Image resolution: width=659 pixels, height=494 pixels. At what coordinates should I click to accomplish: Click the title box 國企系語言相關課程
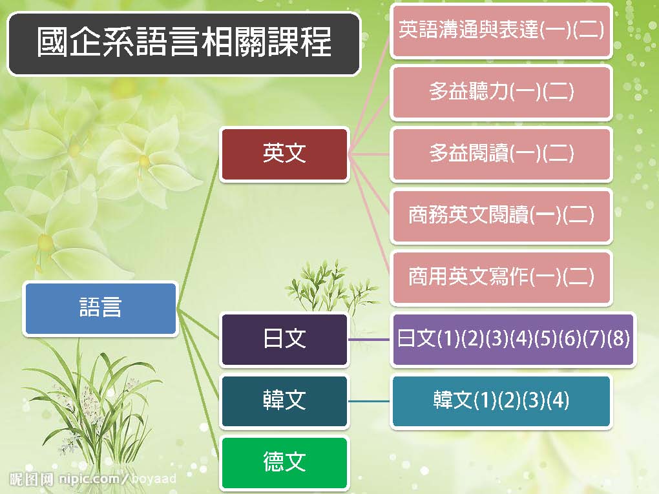click(x=184, y=44)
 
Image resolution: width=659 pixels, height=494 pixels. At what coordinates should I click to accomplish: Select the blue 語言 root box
click(x=100, y=309)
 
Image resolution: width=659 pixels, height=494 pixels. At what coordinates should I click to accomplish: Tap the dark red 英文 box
click(x=284, y=154)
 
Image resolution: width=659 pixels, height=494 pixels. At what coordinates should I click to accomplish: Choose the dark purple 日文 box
click(x=284, y=340)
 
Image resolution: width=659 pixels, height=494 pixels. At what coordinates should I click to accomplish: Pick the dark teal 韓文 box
click(x=284, y=401)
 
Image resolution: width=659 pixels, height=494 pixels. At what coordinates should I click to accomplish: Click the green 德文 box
click(x=284, y=462)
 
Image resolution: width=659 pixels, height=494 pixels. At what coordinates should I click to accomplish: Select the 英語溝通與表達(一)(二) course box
click(x=501, y=30)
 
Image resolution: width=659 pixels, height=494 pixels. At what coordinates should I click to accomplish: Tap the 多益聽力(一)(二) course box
click(x=501, y=92)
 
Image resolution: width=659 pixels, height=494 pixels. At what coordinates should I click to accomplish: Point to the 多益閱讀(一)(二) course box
click(x=501, y=154)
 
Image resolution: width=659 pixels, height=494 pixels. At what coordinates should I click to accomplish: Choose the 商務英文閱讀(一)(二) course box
click(x=501, y=216)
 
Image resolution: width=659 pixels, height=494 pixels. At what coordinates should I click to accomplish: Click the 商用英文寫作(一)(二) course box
click(x=501, y=278)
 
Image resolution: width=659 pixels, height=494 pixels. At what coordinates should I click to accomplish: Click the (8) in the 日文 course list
click(x=619, y=338)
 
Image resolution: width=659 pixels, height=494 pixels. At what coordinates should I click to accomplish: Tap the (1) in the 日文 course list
click(x=448, y=338)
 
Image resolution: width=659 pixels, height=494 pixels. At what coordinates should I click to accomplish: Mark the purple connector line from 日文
click(x=370, y=340)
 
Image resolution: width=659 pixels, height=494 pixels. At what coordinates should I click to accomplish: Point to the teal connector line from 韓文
click(x=370, y=401)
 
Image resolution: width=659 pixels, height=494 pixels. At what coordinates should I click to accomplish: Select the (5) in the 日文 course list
click(x=545, y=338)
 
